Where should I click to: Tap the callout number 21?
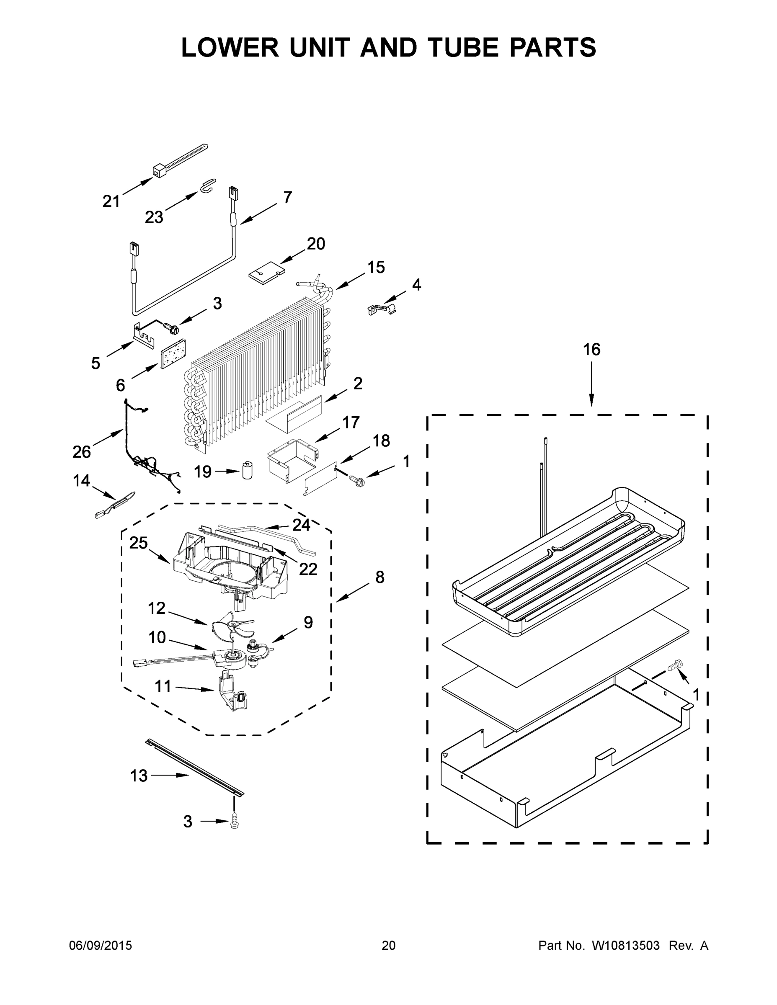pyautogui.click(x=111, y=201)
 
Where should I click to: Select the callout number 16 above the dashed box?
pyautogui.click(x=591, y=350)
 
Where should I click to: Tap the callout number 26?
pyautogui.click(x=82, y=452)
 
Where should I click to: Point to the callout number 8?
pyautogui.click(x=379, y=577)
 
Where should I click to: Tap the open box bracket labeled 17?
pyautogui.click(x=291, y=460)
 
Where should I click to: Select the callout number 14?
pyautogui.click(x=82, y=481)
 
